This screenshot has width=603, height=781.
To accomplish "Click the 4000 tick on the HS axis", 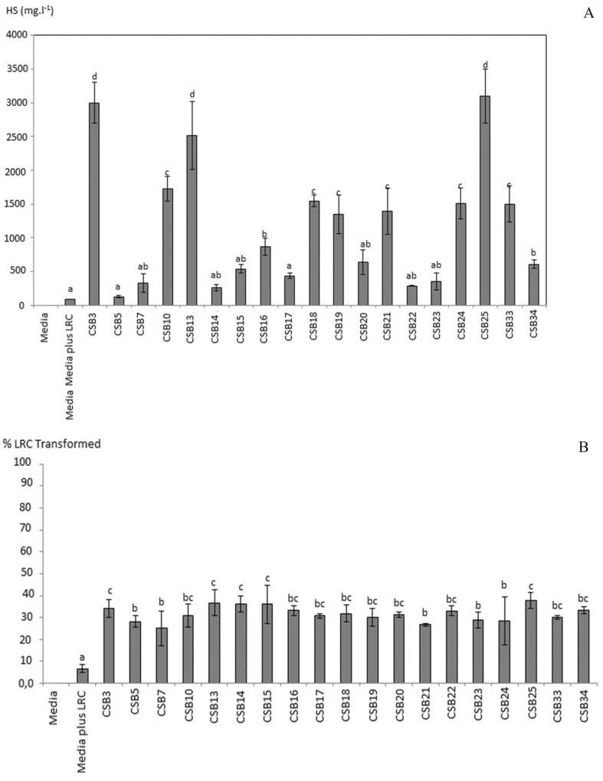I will coord(17,35).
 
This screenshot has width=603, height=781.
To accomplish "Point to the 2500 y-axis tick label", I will coord(17,136).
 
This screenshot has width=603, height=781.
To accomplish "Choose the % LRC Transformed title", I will coord(54,443).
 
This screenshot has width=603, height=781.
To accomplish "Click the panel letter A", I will coord(588,12).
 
